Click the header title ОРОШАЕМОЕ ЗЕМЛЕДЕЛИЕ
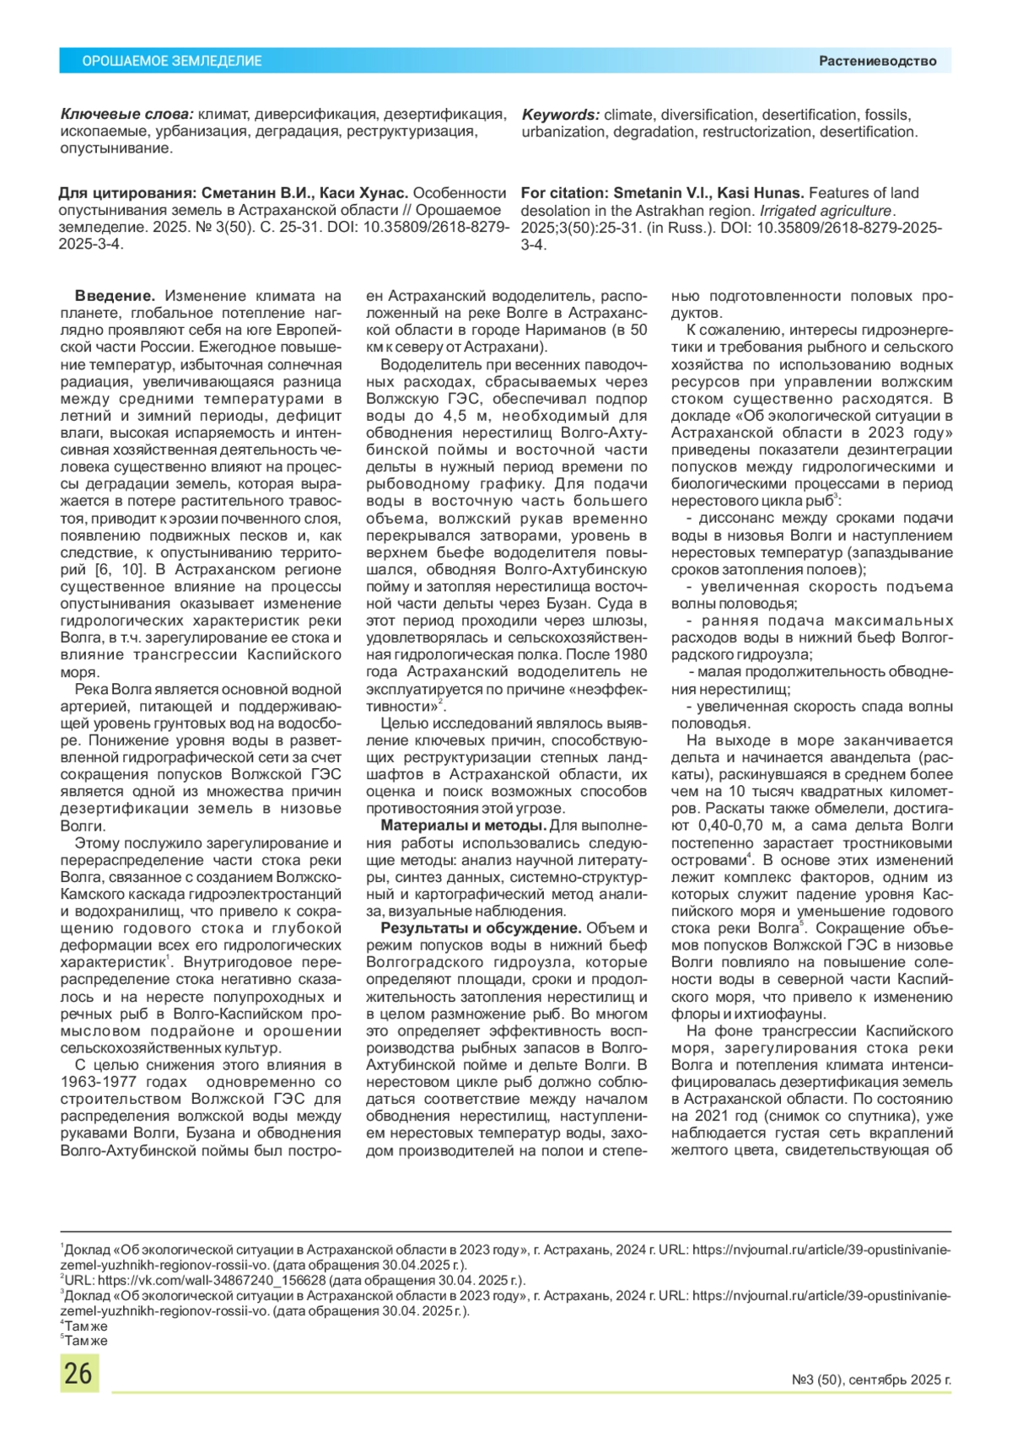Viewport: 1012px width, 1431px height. (x=172, y=62)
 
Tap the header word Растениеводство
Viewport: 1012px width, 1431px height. (x=877, y=61)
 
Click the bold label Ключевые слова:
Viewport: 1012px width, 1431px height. (x=126, y=115)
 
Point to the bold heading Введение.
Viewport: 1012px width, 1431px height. (x=115, y=296)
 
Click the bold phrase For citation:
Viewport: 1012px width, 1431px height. (x=564, y=193)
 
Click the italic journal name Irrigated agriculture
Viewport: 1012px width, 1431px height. (x=826, y=211)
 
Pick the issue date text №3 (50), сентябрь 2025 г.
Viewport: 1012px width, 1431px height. (x=871, y=1380)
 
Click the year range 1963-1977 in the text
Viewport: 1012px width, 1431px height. (x=123, y=1082)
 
